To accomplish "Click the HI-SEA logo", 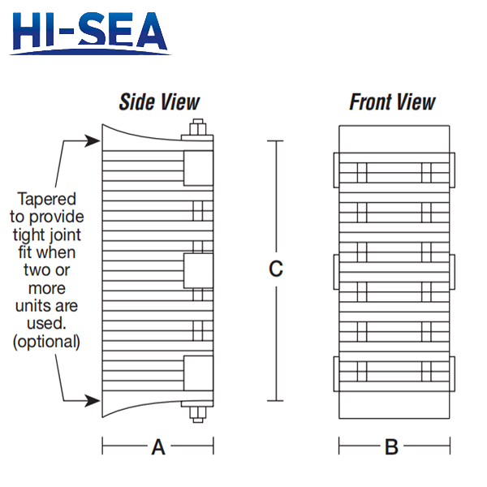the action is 90,33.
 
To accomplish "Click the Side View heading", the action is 159,102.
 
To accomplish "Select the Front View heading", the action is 393,102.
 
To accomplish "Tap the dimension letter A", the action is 158,447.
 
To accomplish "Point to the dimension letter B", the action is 392,447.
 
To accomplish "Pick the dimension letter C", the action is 276,269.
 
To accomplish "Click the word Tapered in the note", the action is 47,199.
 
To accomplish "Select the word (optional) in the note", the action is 46,342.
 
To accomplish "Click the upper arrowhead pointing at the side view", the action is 93,140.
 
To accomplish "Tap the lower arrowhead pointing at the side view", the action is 93,401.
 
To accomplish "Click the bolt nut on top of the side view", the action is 198,127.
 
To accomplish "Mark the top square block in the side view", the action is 199,168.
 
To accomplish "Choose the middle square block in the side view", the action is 199,270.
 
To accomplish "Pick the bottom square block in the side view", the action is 199,373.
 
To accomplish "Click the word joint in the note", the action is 65,235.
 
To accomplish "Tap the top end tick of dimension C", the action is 275,140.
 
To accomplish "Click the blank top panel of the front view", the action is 394,139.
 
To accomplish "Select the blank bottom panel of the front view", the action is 394,405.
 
